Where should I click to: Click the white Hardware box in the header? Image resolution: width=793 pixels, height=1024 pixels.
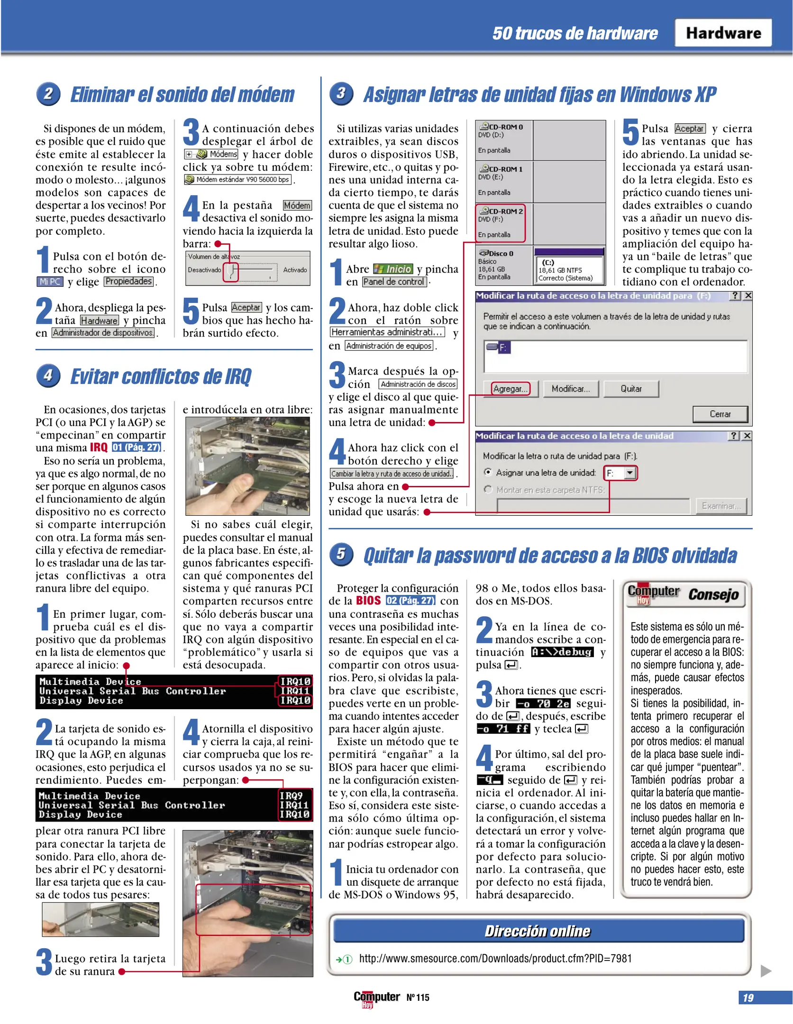(x=722, y=33)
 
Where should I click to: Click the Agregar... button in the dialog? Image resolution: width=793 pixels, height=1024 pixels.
(x=510, y=389)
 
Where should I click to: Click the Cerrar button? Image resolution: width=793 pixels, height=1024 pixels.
(x=720, y=414)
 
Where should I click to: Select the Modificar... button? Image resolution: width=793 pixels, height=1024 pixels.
(x=571, y=389)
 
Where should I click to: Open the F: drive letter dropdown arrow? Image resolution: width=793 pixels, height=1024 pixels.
(x=629, y=473)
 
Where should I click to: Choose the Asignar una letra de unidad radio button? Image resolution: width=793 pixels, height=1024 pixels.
(x=488, y=472)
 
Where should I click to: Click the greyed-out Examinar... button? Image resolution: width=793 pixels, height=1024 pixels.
(x=720, y=506)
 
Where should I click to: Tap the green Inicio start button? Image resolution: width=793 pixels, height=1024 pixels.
(x=393, y=269)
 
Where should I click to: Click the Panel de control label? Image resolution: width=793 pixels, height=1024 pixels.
(x=394, y=282)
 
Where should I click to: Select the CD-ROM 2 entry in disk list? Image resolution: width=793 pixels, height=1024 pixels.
(x=501, y=222)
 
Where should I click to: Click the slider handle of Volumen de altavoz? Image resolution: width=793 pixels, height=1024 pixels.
(x=231, y=272)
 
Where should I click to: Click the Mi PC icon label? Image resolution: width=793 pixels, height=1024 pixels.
(x=49, y=282)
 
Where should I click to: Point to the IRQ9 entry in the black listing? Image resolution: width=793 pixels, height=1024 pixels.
(x=291, y=795)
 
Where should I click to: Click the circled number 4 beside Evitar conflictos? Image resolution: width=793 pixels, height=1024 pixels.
(x=48, y=375)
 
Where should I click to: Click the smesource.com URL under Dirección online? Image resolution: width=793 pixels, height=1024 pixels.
(x=495, y=959)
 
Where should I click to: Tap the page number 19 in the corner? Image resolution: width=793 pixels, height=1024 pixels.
(x=748, y=997)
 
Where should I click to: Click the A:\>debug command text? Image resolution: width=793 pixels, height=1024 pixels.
(x=562, y=652)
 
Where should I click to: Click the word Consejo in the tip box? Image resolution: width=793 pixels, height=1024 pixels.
(x=713, y=594)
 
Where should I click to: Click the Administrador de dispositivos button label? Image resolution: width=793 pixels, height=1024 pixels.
(x=103, y=333)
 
